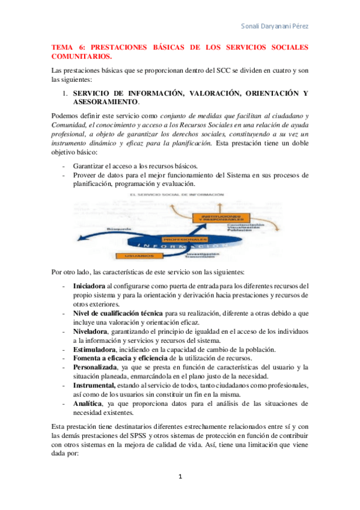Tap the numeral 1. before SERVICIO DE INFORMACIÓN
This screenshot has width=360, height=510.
(66, 93)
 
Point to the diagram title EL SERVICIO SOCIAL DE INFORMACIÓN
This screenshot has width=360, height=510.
(176, 195)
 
